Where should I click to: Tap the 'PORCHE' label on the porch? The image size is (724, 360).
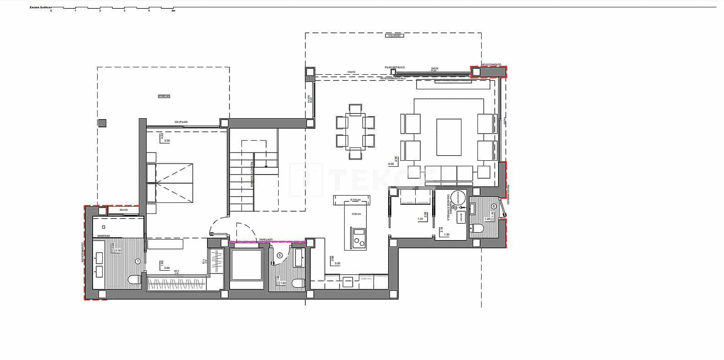pos(164,96)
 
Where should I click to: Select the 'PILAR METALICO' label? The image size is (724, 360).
pos(394,67)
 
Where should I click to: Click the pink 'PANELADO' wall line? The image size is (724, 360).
pos(267,241)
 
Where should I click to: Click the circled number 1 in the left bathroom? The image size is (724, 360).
pos(138,261)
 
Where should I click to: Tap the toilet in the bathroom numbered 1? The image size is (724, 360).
pos(134,280)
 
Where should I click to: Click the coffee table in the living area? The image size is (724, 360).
pos(449,137)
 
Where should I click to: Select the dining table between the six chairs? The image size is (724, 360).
pos(355,131)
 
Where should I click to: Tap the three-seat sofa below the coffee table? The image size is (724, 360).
pos(449,173)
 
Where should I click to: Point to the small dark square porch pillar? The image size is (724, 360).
pos(102,123)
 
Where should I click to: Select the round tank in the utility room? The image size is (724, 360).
pos(457,198)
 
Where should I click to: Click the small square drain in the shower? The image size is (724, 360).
pos(104,227)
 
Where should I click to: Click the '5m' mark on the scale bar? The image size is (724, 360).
pos(173,11)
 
